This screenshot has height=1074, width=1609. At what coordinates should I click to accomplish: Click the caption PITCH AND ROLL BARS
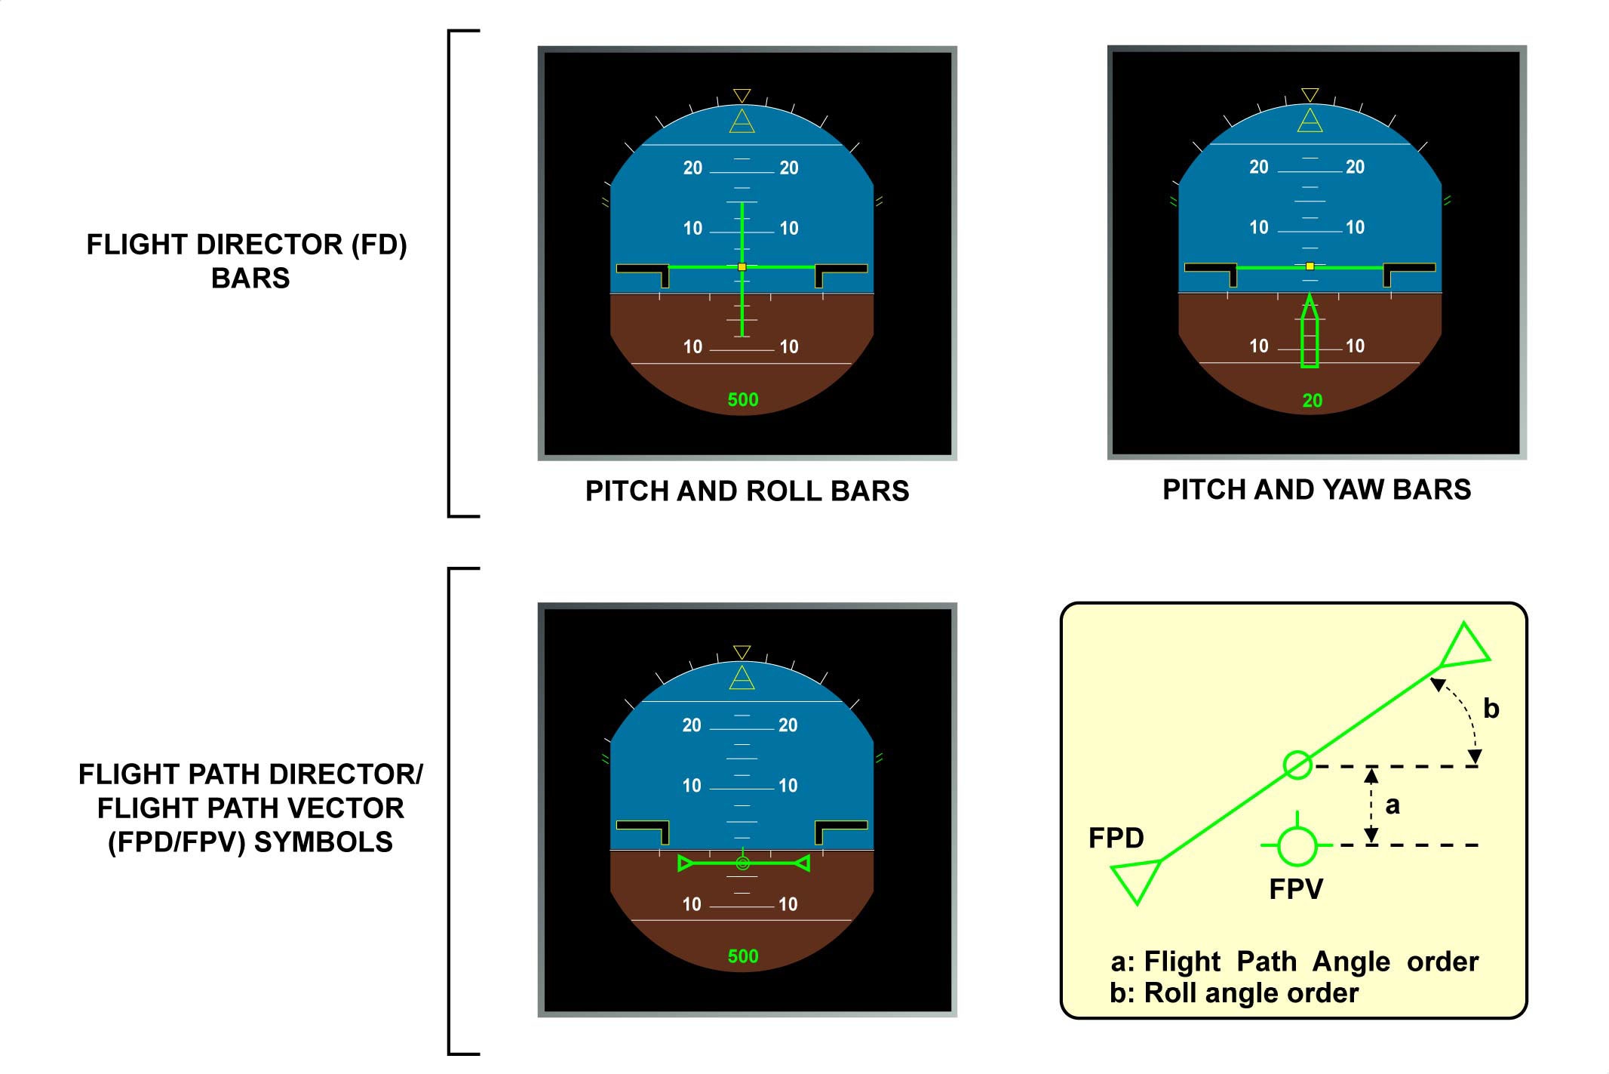click(x=747, y=491)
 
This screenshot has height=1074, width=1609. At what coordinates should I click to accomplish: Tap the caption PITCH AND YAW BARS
click(x=1316, y=490)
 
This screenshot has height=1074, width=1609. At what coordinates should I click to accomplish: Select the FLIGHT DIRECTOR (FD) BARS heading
click(x=247, y=261)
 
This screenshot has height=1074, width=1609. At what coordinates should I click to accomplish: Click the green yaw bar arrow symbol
click(x=1310, y=332)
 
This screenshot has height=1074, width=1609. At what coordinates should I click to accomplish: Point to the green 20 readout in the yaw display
click(x=1312, y=401)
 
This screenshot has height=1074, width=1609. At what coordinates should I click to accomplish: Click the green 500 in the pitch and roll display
click(x=742, y=400)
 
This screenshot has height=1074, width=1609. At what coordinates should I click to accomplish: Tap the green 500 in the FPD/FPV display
click(x=742, y=956)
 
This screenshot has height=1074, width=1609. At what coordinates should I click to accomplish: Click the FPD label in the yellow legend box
click(x=1116, y=838)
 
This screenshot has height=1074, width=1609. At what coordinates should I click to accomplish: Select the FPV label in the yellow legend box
click(x=1296, y=889)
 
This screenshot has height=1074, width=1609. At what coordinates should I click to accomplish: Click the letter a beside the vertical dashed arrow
click(x=1393, y=805)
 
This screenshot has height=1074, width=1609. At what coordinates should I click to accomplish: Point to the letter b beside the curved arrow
click(x=1491, y=709)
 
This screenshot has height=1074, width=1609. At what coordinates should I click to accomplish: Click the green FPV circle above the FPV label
click(x=1297, y=845)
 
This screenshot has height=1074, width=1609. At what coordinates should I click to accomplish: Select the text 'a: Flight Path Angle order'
click(x=1294, y=962)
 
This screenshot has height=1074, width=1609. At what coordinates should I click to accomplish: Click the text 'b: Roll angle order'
click(x=1233, y=993)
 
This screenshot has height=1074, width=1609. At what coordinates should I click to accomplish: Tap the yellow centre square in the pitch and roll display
click(x=742, y=267)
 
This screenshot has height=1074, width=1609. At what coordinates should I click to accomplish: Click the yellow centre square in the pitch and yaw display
click(x=1310, y=266)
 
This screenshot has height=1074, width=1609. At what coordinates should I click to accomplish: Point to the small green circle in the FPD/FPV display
click(x=742, y=863)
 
